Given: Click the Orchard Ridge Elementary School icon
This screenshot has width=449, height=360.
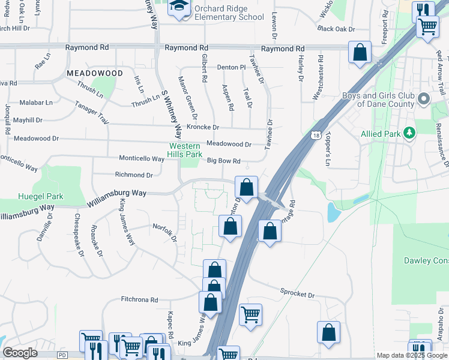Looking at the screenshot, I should pos(178,8).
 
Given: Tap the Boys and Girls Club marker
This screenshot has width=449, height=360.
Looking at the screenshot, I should pos(424,98).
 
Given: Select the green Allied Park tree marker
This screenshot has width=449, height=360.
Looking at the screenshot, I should pos(410,133).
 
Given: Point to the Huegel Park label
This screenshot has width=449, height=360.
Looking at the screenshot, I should pos(40,196).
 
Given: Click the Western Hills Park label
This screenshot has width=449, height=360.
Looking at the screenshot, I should pos(185,150).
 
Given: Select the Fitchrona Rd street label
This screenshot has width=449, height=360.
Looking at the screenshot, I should pos(139,299).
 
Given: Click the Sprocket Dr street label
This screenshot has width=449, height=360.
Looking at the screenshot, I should pos(297,295).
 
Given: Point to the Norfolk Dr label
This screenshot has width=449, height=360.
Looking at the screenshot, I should pos(164,232).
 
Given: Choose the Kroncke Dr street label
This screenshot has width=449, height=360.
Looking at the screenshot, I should pos(203,127).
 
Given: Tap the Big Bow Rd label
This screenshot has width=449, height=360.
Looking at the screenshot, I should pos(223,161).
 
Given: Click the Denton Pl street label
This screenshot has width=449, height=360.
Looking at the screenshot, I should pos(232,68).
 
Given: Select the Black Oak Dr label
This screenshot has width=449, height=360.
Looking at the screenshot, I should pos(336,29).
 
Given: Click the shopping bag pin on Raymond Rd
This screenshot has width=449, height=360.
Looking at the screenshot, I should pos(360,52).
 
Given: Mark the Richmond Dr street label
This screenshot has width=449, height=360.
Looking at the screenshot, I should pos(134,175).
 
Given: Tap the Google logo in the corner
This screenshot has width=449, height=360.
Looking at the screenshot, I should pos(20,353).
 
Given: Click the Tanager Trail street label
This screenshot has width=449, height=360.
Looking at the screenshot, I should pos(91,112).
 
